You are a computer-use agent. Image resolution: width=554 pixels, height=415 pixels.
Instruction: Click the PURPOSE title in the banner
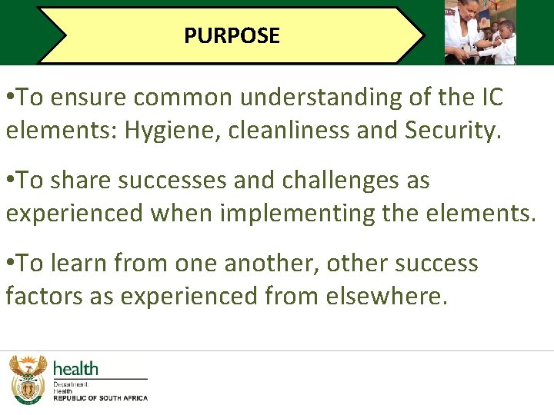click(232, 35)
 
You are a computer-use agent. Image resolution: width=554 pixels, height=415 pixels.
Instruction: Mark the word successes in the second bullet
click(179, 181)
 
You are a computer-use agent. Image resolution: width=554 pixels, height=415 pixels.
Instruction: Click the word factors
click(44, 296)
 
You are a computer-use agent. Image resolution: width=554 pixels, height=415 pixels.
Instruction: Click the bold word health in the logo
click(75, 369)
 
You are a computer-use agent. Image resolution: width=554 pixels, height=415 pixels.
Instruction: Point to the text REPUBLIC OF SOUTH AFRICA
click(100, 398)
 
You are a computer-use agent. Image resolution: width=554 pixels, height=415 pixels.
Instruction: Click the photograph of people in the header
click(480, 32)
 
